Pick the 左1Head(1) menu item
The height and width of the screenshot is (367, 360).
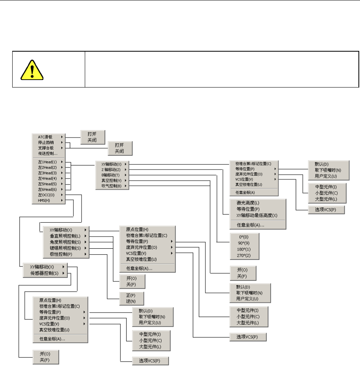point(47,162)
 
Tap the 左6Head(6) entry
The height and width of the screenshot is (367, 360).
point(47,189)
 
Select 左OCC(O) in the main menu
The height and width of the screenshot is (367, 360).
point(47,195)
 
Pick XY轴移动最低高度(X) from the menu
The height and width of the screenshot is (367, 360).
point(257,216)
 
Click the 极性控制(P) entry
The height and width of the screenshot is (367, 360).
point(61,254)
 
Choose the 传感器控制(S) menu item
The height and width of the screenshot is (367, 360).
point(45,273)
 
